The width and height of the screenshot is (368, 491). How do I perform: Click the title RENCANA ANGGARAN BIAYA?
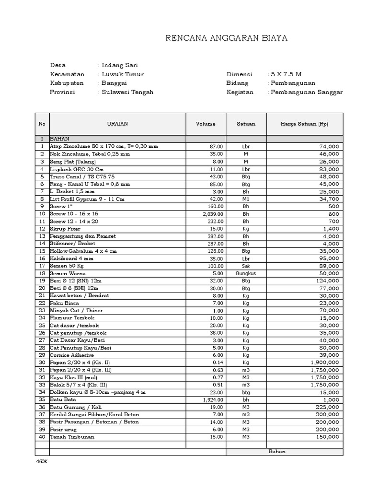226,38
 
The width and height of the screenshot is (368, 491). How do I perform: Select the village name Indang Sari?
120,65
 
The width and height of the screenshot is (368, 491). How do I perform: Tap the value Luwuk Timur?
122,74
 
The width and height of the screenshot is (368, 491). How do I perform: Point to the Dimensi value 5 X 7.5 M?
286,74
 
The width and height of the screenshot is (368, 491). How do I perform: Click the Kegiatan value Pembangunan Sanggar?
307,92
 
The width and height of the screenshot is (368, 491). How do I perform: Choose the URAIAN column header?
117,124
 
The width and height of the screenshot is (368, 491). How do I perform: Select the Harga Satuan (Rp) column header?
305,124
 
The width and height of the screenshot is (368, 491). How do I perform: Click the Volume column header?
206,124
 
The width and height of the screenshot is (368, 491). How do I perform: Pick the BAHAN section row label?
60,139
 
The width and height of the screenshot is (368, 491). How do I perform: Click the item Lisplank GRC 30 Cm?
77,169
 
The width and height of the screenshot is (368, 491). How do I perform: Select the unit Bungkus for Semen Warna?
246,273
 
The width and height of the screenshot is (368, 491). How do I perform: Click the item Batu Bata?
62,399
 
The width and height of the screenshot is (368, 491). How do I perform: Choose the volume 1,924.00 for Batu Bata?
213,399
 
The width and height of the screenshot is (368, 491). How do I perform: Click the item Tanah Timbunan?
72,437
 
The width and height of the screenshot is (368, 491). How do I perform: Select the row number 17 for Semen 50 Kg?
42,266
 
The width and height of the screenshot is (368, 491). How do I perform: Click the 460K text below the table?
42,461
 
